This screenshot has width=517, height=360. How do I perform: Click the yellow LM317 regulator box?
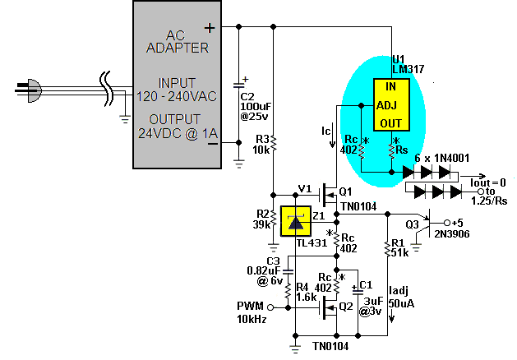pyautogui.click(x=391, y=105)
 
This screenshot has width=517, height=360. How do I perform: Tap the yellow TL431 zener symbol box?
pyautogui.click(x=295, y=221)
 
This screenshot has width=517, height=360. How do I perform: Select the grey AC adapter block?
pyautogui.click(x=177, y=85)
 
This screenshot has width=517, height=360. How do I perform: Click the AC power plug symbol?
pyautogui.click(x=29, y=90)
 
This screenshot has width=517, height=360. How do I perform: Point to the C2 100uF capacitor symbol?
pyautogui.click(x=239, y=85)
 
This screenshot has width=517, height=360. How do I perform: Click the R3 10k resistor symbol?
pyautogui.click(x=274, y=144)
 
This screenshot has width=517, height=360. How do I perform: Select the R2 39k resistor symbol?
pyautogui.click(x=274, y=219)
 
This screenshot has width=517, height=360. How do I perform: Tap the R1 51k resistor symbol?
pyautogui.click(x=388, y=247)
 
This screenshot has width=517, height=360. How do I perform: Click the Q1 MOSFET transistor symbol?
pyautogui.click(x=329, y=196)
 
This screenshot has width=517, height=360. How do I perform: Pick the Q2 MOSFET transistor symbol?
pyautogui.click(x=329, y=308)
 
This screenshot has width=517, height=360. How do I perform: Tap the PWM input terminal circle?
pyautogui.click(x=270, y=307)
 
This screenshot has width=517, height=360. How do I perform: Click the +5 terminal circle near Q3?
pyautogui.click(x=447, y=223)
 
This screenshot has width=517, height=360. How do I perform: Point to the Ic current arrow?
pyautogui.click(x=332, y=135)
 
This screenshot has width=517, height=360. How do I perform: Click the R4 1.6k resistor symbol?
pyautogui.click(x=288, y=290)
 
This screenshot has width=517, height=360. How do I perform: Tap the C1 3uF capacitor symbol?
pyautogui.click(x=358, y=290)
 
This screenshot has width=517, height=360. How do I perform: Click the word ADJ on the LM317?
pyautogui.click(x=387, y=105)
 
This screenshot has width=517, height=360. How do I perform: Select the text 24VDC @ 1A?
pyautogui.click(x=178, y=133)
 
